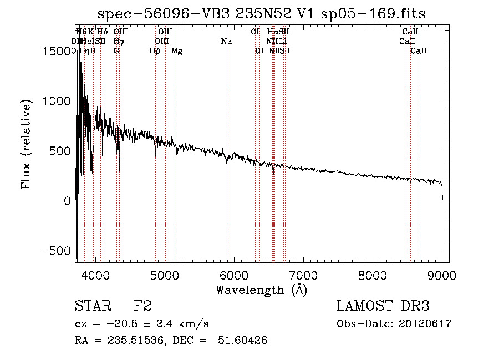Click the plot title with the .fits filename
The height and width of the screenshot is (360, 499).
tap(261, 14)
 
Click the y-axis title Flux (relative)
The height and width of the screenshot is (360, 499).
tap(26, 145)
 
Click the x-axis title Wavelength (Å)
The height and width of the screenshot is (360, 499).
tap(261, 290)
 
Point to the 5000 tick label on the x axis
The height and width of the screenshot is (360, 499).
tap(164, 274)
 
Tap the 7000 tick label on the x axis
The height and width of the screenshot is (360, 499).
tap(303, 274)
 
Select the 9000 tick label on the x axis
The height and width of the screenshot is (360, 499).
tap(442, 274)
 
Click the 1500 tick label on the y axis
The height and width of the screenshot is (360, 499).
tap(58, 50)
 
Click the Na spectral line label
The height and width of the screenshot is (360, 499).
tap(226, 42)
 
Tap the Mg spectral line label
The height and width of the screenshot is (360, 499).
tap(177, 51)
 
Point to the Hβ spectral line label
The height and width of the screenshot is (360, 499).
tap(155, 51)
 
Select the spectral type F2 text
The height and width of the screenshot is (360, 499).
tap(143, 306)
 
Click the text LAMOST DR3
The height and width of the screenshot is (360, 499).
tap(383, 306)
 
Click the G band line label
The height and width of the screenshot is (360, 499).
tap(116, 51)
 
